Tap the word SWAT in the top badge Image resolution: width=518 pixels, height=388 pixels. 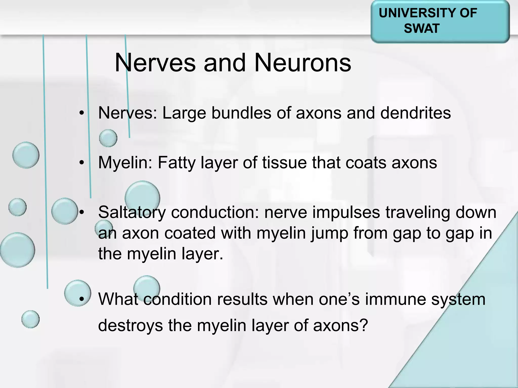pos(421,28)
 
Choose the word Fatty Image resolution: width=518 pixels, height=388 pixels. pos(177,162)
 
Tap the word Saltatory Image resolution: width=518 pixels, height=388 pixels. pos(132,212)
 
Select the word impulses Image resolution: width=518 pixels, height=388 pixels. pos(346,212)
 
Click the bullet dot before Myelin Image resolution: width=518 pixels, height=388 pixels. pos(81,163)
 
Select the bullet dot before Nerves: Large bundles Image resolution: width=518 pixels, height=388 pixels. pos(81,113)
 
